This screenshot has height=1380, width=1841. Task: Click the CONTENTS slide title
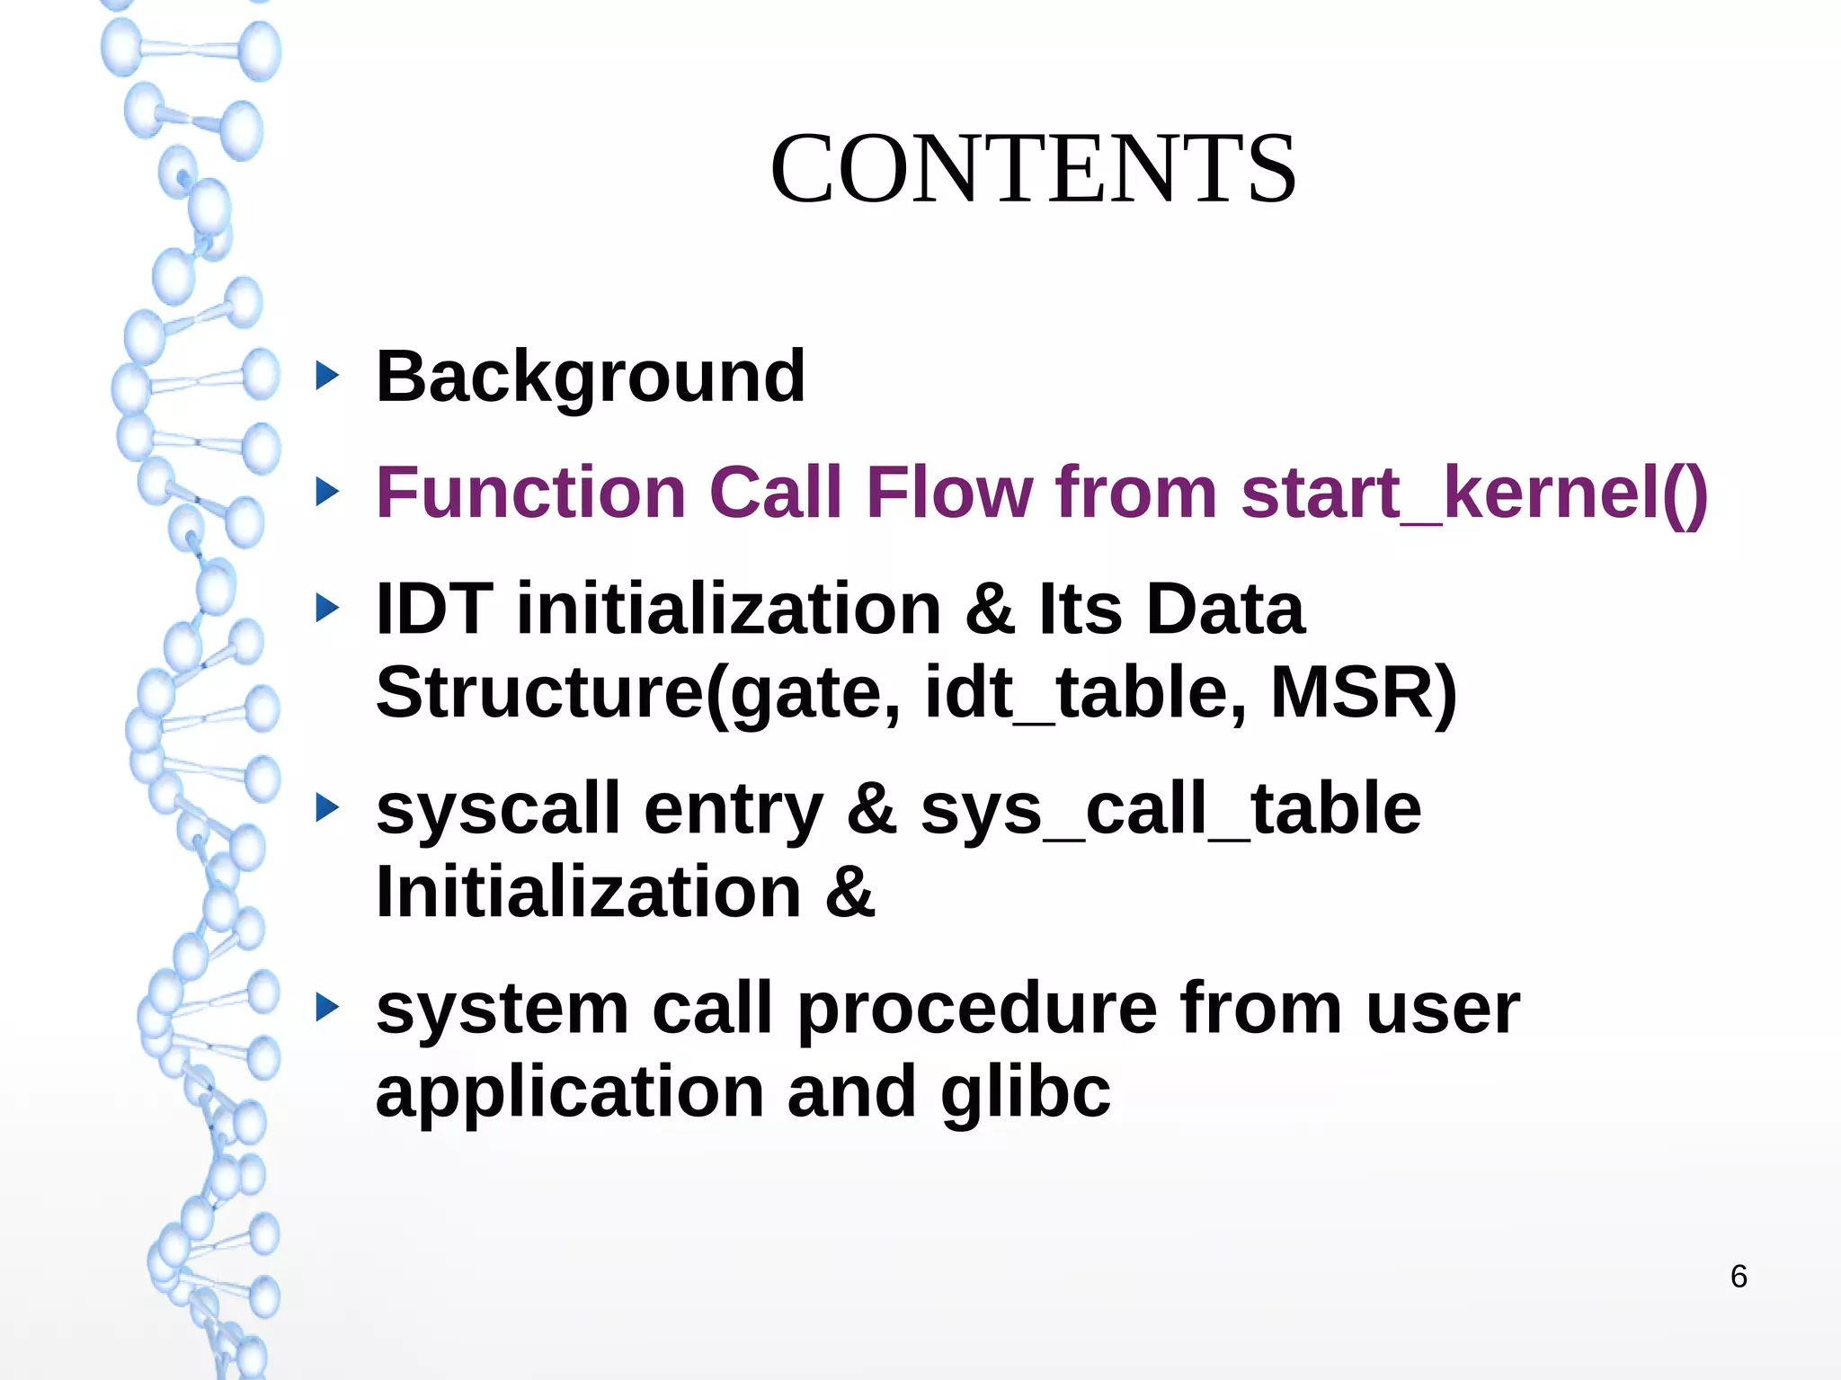(x=1033, y=169)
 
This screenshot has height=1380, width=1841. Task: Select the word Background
(x=591, y=377)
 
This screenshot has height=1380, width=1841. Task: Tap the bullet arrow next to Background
(x=328, y=376)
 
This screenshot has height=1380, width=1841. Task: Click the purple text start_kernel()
(x=1474, y=493)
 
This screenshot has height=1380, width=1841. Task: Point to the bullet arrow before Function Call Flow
(x=328, y=492)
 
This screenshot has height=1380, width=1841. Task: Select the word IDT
(x=434, y=609)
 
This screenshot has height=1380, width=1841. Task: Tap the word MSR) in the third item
(x=1363, y=692)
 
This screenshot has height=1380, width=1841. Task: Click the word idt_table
(x=1085, y=692)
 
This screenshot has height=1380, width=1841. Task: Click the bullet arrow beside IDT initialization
(x=328, y=608)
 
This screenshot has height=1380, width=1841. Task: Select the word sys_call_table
(x=1170, y=808)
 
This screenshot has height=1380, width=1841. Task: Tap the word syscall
(x=498, y=808)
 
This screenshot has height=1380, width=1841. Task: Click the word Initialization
(x=589, y=892)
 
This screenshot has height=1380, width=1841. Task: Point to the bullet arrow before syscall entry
(x=328, y=807)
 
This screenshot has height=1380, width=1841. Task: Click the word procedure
(x=977, y=1009)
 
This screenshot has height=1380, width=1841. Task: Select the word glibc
(x=1026, y=1091)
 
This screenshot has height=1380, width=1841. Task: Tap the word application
(x=570, y=1091)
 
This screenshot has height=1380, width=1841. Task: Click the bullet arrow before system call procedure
(x=328, y=1008)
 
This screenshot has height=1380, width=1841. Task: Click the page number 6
(x=1739, y=1277)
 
